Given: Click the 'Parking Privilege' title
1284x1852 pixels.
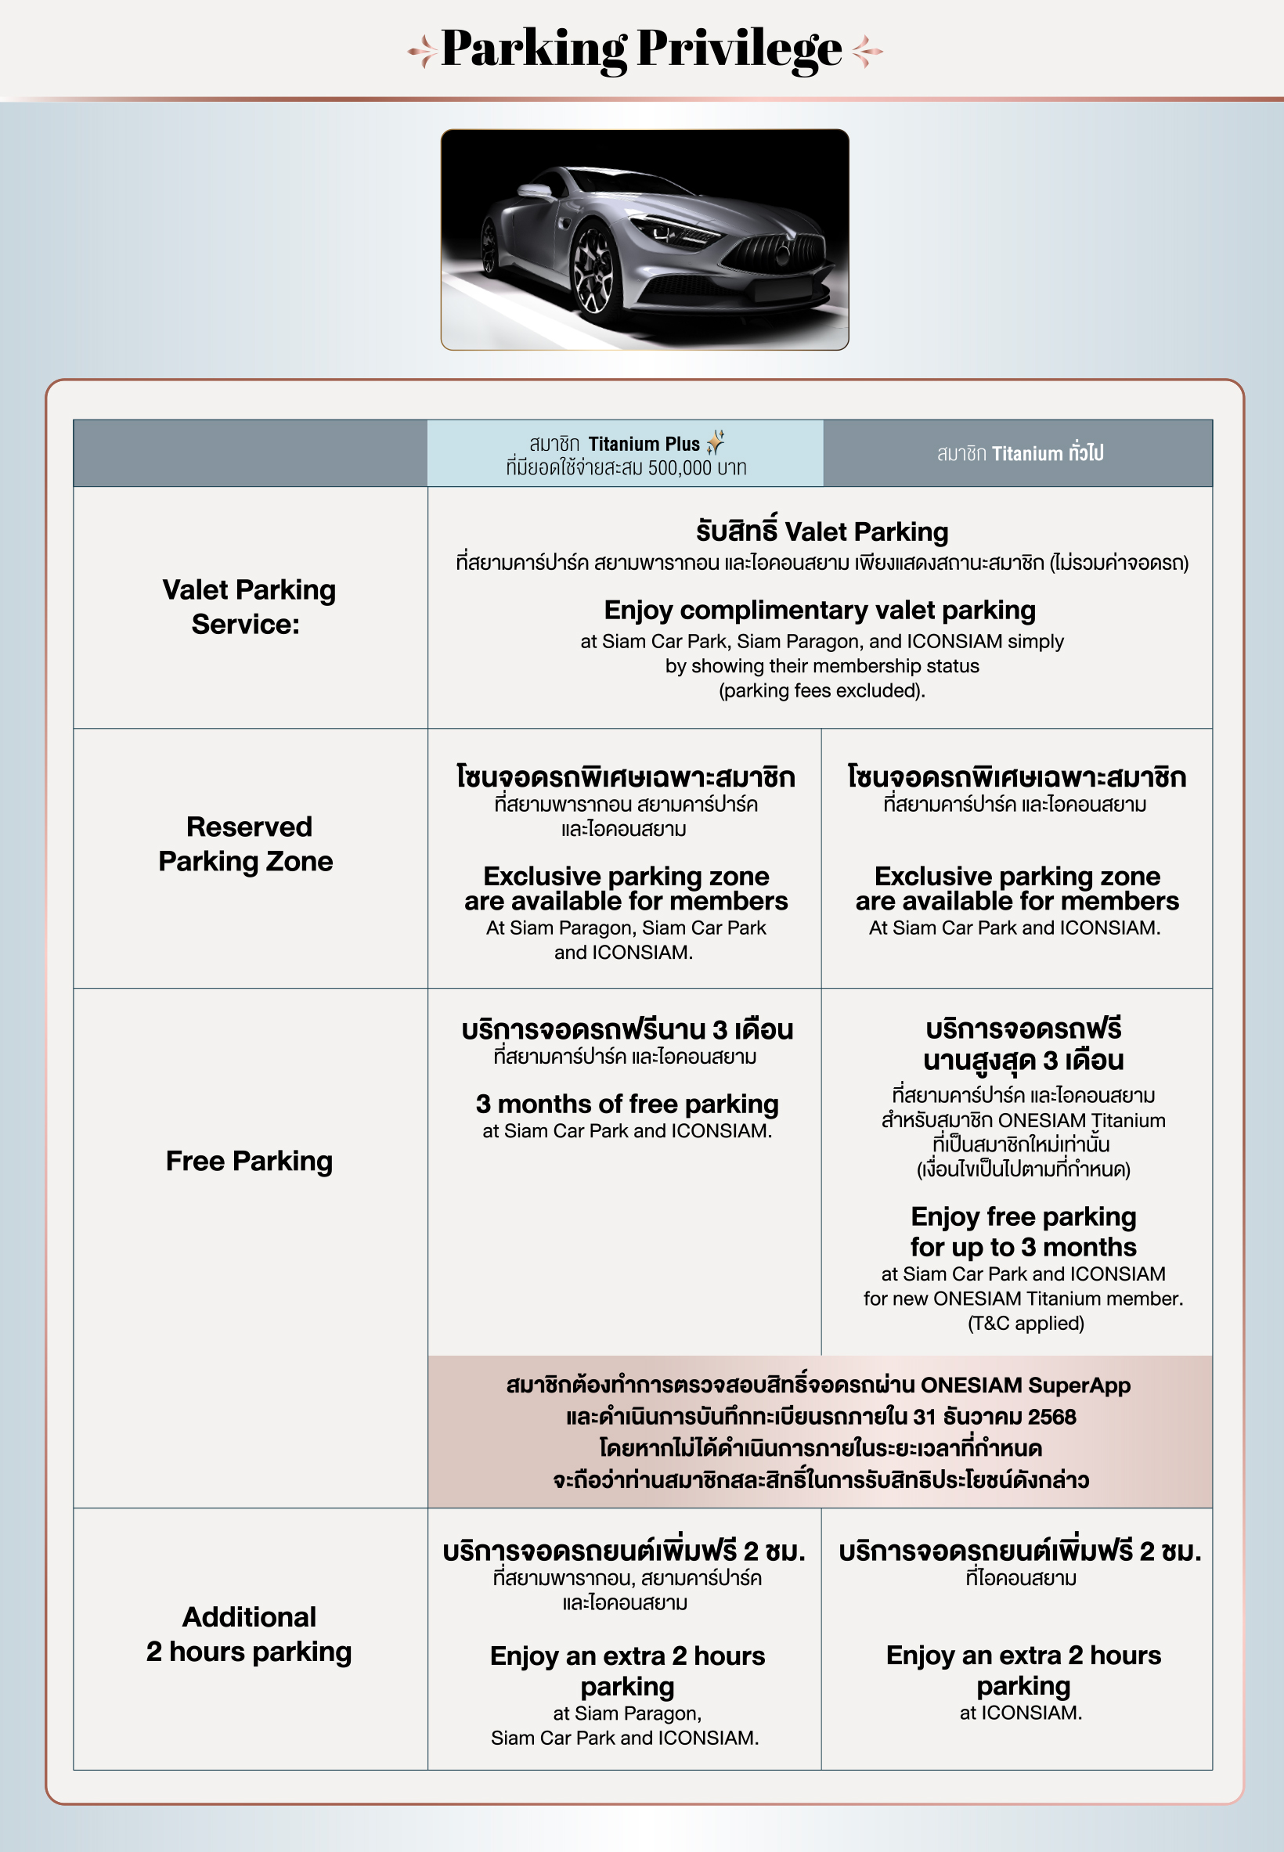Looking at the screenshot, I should pyautogui.click(x=641, y=50).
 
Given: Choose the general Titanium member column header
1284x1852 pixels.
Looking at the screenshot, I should pyautogui.click(x=1019, y=453).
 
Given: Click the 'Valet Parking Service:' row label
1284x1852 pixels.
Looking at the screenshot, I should pyautogui.click(x=249, y=607).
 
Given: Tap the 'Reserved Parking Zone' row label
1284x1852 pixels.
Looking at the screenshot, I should pyautogui.click(x=246, y=844).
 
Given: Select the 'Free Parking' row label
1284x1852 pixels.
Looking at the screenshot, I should pyautogui.click(x=249, y=1160).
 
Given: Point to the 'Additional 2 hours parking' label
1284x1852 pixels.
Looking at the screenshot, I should pyautogui.click(x=249, y=1634).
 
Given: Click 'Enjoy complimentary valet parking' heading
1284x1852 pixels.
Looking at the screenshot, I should pyautogui.click(x=819, y=611).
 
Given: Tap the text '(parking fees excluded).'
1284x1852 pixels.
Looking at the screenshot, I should pyautogui.click(x=821, y=690).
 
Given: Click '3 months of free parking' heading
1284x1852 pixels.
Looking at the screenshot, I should pyautogui.click(x=626, y=1104).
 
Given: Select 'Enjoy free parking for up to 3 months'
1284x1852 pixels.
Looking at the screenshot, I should pyautogui.click(x=1023, y=1231).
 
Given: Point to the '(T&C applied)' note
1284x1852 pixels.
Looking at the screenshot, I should pyautogui.click(x=1025, y=1323).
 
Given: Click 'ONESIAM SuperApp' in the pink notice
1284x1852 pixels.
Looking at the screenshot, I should pyautogui.click(x=1025, y=1385).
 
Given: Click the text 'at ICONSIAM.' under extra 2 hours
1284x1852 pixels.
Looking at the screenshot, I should pyautogui.click(x=1020, y=1712).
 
